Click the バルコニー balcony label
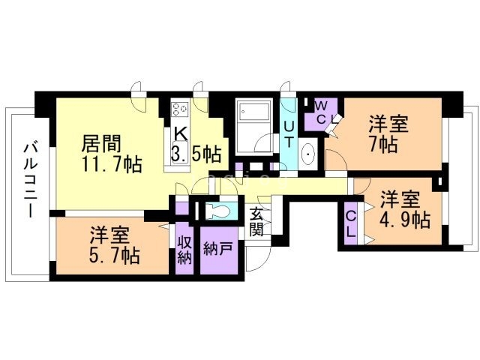[30, 179]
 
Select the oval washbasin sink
[308, 155]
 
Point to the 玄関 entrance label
[256, 221]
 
